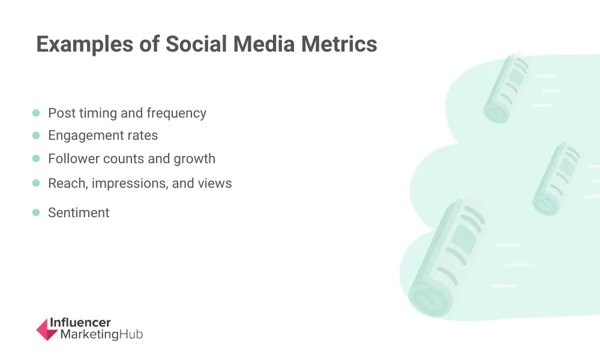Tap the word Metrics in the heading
pos(340,44)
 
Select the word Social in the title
pos(196,44)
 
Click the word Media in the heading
pos(264,44)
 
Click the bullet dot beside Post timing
pos(36,113)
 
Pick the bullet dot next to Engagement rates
pos(36,136)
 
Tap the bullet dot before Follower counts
pos(36,158)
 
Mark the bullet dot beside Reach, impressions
pos(36,183)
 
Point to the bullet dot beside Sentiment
pos(36,212)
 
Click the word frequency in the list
pos(176,113)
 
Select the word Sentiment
pos(79,213)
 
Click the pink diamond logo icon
pos(47,329)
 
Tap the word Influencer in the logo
pos(80,322)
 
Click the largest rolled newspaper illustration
pos(446,258)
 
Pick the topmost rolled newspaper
pos(506,88)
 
